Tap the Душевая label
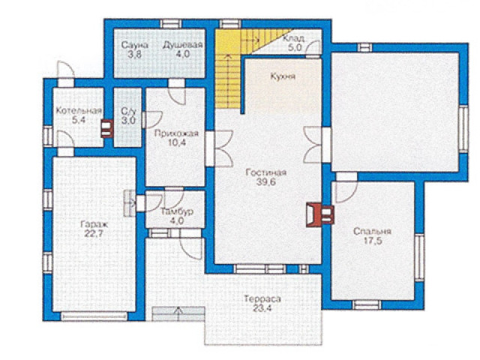182,45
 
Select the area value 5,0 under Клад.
295,48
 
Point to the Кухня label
283,76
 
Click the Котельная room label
78,111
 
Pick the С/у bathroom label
128,110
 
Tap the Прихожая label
176,133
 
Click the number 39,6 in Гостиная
266,182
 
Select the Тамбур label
177,211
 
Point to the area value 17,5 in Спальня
372,241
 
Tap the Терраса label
262,299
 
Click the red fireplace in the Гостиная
319,215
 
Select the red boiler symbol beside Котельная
107,128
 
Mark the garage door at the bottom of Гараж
94,316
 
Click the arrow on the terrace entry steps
178,313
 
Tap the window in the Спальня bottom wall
367,305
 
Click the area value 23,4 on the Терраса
262,308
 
